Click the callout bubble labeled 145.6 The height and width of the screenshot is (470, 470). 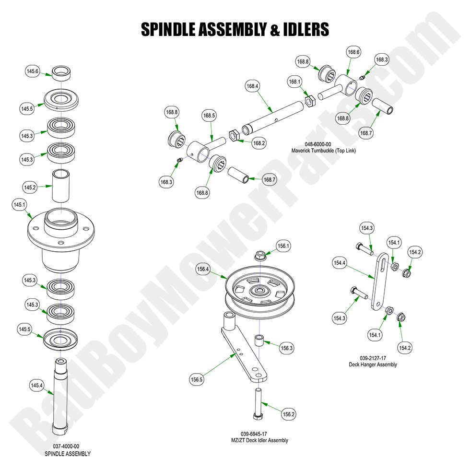32,71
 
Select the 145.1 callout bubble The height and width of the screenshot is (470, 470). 19,205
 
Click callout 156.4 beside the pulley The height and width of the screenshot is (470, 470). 203,270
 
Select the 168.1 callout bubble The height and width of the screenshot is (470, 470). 294,82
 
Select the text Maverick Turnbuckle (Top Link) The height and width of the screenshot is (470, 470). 324,151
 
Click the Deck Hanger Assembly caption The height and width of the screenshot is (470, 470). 373,364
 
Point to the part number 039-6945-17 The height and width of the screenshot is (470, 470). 259,434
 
